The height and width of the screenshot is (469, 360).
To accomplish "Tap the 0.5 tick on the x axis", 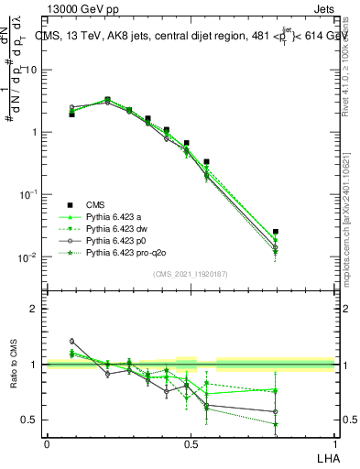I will click(191, 444).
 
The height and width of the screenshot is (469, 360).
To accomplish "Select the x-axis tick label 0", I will click(47, 444).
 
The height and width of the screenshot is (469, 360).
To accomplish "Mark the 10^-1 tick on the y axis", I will click(29, 195).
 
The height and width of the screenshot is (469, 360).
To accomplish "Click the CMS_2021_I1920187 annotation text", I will click(190, 274).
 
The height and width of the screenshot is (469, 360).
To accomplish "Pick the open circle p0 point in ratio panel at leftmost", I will click(71, 341).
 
